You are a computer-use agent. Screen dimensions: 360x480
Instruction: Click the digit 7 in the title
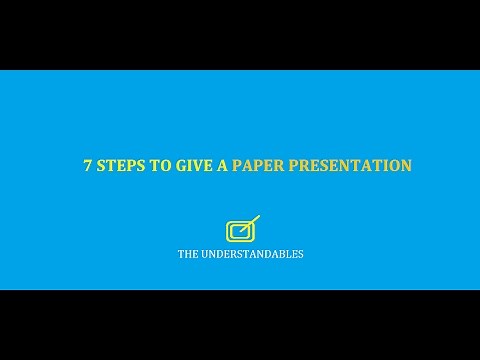[x=87, y=166]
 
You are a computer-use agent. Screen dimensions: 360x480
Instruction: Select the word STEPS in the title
[x=118, y=166]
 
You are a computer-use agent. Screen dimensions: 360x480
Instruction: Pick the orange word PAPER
[x=258, y=166]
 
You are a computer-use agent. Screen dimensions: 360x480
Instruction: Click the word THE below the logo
[x=187, y=254]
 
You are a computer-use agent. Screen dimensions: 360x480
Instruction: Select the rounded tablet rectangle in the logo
[x=237, y=232]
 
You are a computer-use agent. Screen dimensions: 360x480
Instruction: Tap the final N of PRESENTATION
[x=406, y=166]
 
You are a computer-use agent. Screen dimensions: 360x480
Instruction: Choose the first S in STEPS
[x=100, y=166]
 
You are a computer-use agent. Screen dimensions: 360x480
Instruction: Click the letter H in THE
[x=187, y=254]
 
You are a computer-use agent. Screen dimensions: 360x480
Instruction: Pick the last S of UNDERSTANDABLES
[x=300, y=254]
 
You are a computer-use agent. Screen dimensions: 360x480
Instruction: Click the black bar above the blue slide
[x=240, y=35]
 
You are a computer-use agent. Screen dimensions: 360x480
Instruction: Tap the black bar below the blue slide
[x=240, y=325]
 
